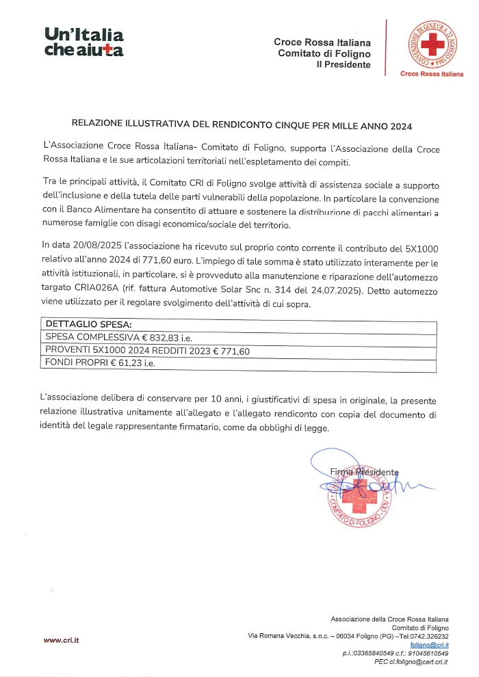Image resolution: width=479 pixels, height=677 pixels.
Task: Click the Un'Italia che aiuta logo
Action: pyautogui.click(x=83, y=42)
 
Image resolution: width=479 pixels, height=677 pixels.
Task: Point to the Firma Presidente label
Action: pyautogui.click(x=364, y=472)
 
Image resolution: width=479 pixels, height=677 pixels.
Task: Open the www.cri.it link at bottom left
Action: pyautogui.click(x=62, y=640)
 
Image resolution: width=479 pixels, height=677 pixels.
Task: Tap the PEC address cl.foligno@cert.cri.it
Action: pyautogui.click(x=411, y=661)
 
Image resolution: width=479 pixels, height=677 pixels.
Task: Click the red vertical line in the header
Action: pyautogui.click(x=387, y=47)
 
